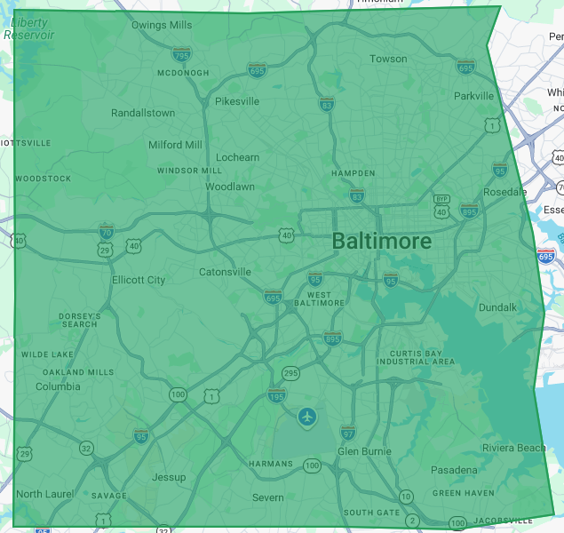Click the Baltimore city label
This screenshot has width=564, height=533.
click(x=382, y=241)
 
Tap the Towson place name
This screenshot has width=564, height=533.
click(x=388, y=60)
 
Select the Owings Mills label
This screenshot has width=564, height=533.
click(x=162, y=25)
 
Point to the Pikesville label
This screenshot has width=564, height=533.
click(x=237, y=101)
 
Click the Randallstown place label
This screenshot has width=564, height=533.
click(x=143, y=113)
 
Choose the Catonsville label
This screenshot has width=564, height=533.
click(x=225, y=272)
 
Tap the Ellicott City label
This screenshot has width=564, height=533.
click(x=139, y=280)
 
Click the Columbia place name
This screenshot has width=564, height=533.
click(x=58, y=386)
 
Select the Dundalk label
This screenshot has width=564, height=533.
click(x=497, y=307)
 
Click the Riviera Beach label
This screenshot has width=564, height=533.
click(x=514, y=448)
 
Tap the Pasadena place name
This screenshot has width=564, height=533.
click(x=454, y=469)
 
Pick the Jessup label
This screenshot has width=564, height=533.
click(x=169, y=477)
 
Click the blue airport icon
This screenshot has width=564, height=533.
click(x=307, y=416)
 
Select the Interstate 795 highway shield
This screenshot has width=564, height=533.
click(x=181, y=54)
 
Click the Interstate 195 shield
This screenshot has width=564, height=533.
click(x=277, y=395)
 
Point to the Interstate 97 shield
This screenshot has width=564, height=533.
click(x=348, y=433)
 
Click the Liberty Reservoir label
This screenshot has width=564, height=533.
click(x=29, y=28)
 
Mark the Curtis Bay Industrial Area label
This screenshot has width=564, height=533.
click(x=416, y=356)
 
